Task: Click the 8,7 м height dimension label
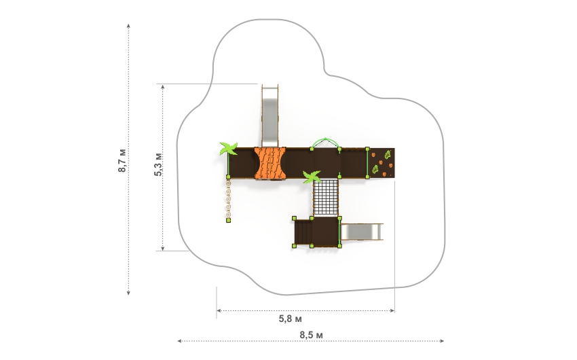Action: pos(122,160)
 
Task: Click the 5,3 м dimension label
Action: pos(158,164)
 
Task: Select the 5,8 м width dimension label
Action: pos(291,319)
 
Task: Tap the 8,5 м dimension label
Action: pos(312,335)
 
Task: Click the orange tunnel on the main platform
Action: pos(270,163)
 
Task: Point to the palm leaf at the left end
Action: pos(228,148)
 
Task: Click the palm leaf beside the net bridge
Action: pos(312,177)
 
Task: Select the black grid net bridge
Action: pos(326,198)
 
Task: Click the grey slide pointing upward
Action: pos(269,115)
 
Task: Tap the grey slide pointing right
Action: pos(362,232)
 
